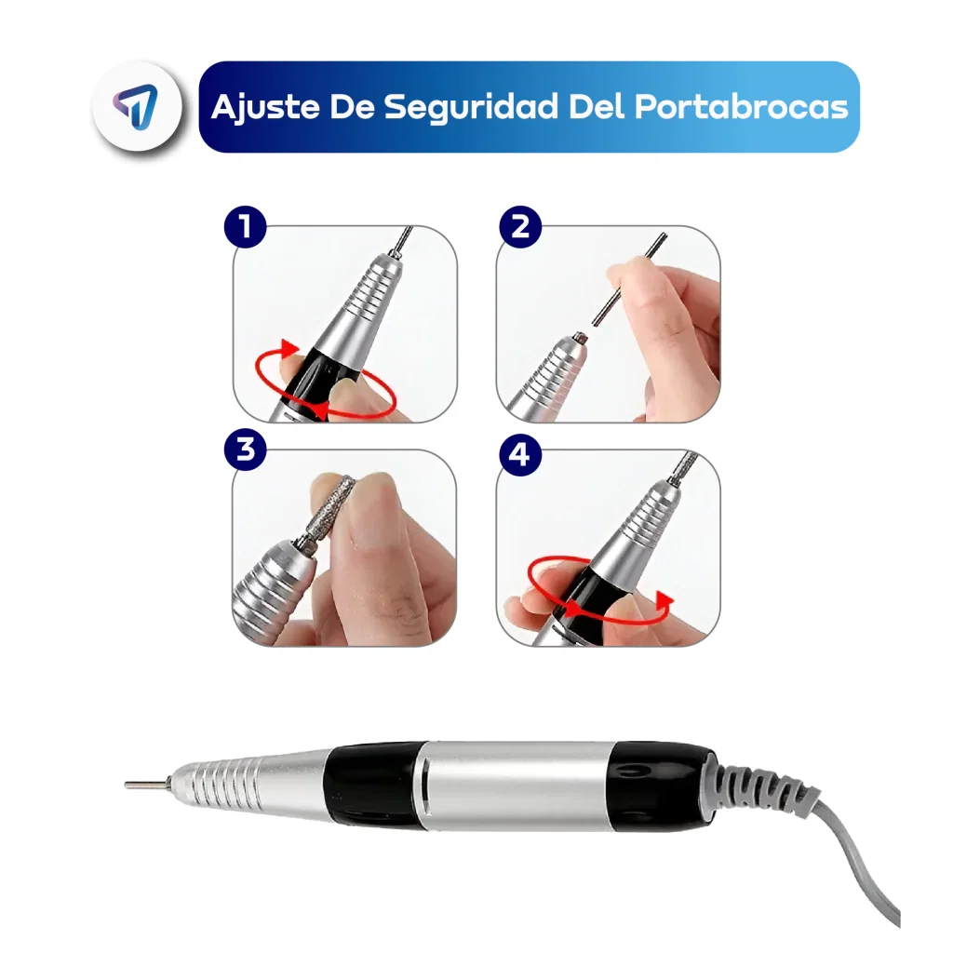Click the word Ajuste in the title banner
click(265, 107)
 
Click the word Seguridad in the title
click(471, 107)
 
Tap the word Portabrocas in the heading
click(742, 107)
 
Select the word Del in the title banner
click(597, 106)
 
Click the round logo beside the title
click(138, 106)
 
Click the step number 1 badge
click(246, 227)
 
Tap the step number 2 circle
click(520, 227)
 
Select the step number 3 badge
click(246, 450)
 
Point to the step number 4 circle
click(520, 454)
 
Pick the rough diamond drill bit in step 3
click(331, 505)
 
